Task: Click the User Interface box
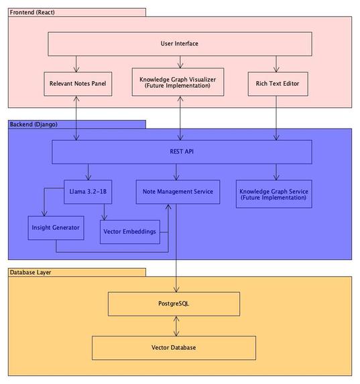tap(180, 44)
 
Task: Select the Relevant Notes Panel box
tap(78, 84)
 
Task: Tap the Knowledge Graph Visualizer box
tap(178, 82)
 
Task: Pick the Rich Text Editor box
tap(278, 84)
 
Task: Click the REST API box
tap(182, 152)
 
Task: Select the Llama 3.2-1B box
tap(88, 192)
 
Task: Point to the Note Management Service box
tap(178, 192)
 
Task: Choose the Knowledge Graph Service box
tap(274, 194)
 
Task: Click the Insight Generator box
tap(56, 228)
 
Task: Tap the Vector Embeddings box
tap(130, 232)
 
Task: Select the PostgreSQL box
tap(174, 304)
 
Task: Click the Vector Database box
tap(174, 348)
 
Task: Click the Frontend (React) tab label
tap(32, 12)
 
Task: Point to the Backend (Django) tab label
tap(34, 125)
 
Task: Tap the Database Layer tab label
tap(30, 272)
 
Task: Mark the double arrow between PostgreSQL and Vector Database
tap(176, 326)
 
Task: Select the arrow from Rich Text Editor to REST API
tap(276, 118)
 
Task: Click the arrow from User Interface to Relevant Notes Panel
tap(76, 64)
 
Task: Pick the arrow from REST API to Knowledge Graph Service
tap(276, 172)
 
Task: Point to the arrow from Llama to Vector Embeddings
tap(104, 212)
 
